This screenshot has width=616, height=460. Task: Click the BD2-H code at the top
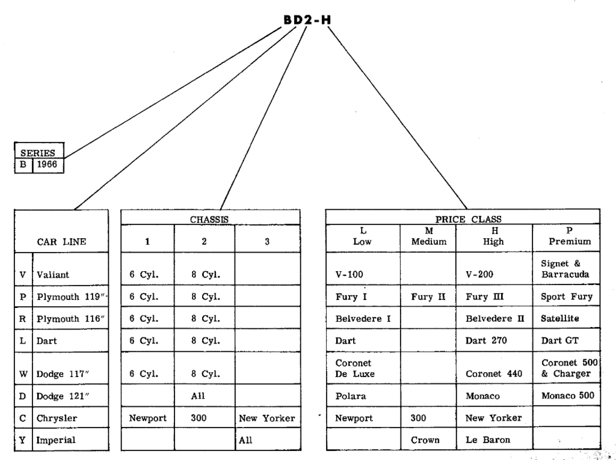pyautogui.click(x=307, y=20)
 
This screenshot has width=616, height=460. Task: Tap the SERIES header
pyautogui.click(x=39, y=153)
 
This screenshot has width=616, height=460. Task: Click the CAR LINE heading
pyautogui.click(x=61, y=242)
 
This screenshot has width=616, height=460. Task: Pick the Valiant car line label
pyautogui.click(x=54, y=275)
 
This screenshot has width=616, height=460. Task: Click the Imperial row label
pyautogui.click(x=56, y=440)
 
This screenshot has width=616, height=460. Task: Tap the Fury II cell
pyautogui.click(x=427, y=296)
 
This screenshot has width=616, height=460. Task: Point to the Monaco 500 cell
pyautogui.click(x=567, y=396)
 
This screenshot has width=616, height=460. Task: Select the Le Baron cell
pyautogui.click(x=485, y=440)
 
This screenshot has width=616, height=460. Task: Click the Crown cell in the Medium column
pyautogui.click(x=425, y=440)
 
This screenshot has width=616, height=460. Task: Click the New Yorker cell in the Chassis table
pyautogui.click(x=266, y=417)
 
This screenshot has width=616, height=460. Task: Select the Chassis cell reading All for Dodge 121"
pyautogui.click(x=199, y=396)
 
